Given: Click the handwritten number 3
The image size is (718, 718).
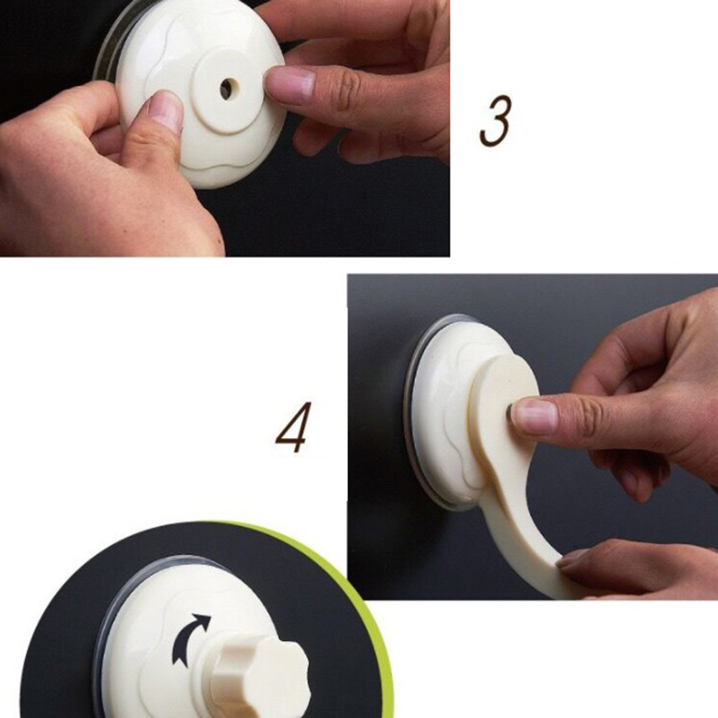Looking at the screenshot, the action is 495,120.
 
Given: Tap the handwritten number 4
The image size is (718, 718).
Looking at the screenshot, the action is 293,427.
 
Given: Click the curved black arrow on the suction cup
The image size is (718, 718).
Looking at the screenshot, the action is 190,639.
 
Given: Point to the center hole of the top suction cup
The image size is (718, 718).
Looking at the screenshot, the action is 228,88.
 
